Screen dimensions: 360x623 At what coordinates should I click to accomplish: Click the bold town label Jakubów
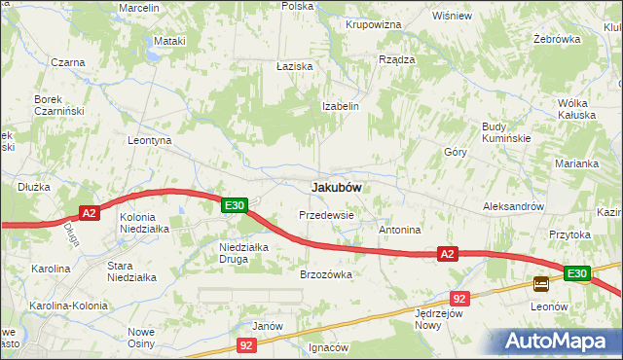click(336, 187)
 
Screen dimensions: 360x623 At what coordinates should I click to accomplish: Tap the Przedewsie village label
click(325, 214)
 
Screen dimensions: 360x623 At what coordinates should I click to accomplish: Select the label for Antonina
click(399, 231)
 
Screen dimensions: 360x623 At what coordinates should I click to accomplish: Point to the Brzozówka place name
click(325, 274)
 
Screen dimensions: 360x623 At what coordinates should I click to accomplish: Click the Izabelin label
click(341, 106)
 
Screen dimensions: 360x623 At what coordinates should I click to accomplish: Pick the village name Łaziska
click(293, 66)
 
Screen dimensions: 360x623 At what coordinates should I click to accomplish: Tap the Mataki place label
click(169, 42)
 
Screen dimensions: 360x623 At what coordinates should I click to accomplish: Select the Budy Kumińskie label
click(505, 132)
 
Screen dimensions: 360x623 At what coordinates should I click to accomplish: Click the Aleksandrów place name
click(512, 207)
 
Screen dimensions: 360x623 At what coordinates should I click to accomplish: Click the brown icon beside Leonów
click(540, 284)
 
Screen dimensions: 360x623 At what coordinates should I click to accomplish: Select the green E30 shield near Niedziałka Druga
click(234, 205)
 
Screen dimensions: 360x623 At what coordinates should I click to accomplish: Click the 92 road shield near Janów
click(248, 344)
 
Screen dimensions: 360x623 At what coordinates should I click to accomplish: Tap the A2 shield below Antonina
click(447, 254)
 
